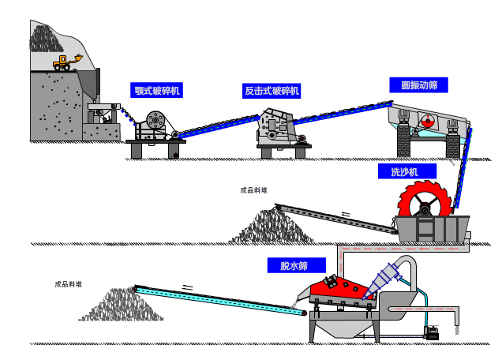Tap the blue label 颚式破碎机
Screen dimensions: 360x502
[x=157, y=91]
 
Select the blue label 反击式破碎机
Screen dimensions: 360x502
[x=272, y=91]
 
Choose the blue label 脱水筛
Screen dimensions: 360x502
[x=292, y=265]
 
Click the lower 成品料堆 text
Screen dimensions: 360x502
[x=68, y=284]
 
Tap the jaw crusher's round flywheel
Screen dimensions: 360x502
[x=154, y=119]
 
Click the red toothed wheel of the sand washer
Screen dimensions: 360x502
[x=426, y=204]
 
